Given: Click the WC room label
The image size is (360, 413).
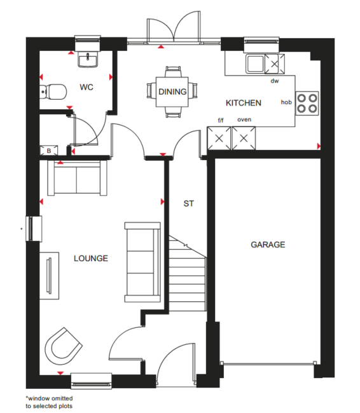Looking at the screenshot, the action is point(87,87).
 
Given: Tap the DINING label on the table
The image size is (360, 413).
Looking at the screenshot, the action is point(172,91).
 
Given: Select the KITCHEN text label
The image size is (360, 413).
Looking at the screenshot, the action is point(244,103).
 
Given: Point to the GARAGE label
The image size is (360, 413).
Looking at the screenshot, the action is point(268,245).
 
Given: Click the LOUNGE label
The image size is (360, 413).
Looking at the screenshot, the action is point(91,259).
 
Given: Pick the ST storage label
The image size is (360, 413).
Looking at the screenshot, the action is point(188,203).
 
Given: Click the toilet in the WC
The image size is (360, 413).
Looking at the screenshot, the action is point(53,91).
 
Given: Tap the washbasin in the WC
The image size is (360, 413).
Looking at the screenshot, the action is point(88,60).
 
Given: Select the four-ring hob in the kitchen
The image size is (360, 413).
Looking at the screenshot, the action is point(307,103).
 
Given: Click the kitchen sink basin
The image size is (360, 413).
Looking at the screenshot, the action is point(255,64).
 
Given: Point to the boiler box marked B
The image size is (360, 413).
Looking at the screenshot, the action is point(49,151).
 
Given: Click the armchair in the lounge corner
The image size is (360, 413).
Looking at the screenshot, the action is point(63,346).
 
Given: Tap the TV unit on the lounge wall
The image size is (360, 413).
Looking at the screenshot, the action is point(50,276).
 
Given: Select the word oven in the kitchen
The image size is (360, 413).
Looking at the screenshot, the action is point(244,119).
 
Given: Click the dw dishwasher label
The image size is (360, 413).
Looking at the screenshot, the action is point(275,81).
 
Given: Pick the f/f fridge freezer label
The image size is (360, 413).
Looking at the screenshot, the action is point(221,120).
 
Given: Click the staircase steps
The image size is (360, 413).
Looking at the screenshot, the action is point(187,273).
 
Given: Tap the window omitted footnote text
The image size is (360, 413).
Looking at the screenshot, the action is point(49,402).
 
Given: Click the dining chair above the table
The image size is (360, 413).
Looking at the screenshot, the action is point(173,72).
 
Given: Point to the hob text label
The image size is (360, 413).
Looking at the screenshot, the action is point(286,102).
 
